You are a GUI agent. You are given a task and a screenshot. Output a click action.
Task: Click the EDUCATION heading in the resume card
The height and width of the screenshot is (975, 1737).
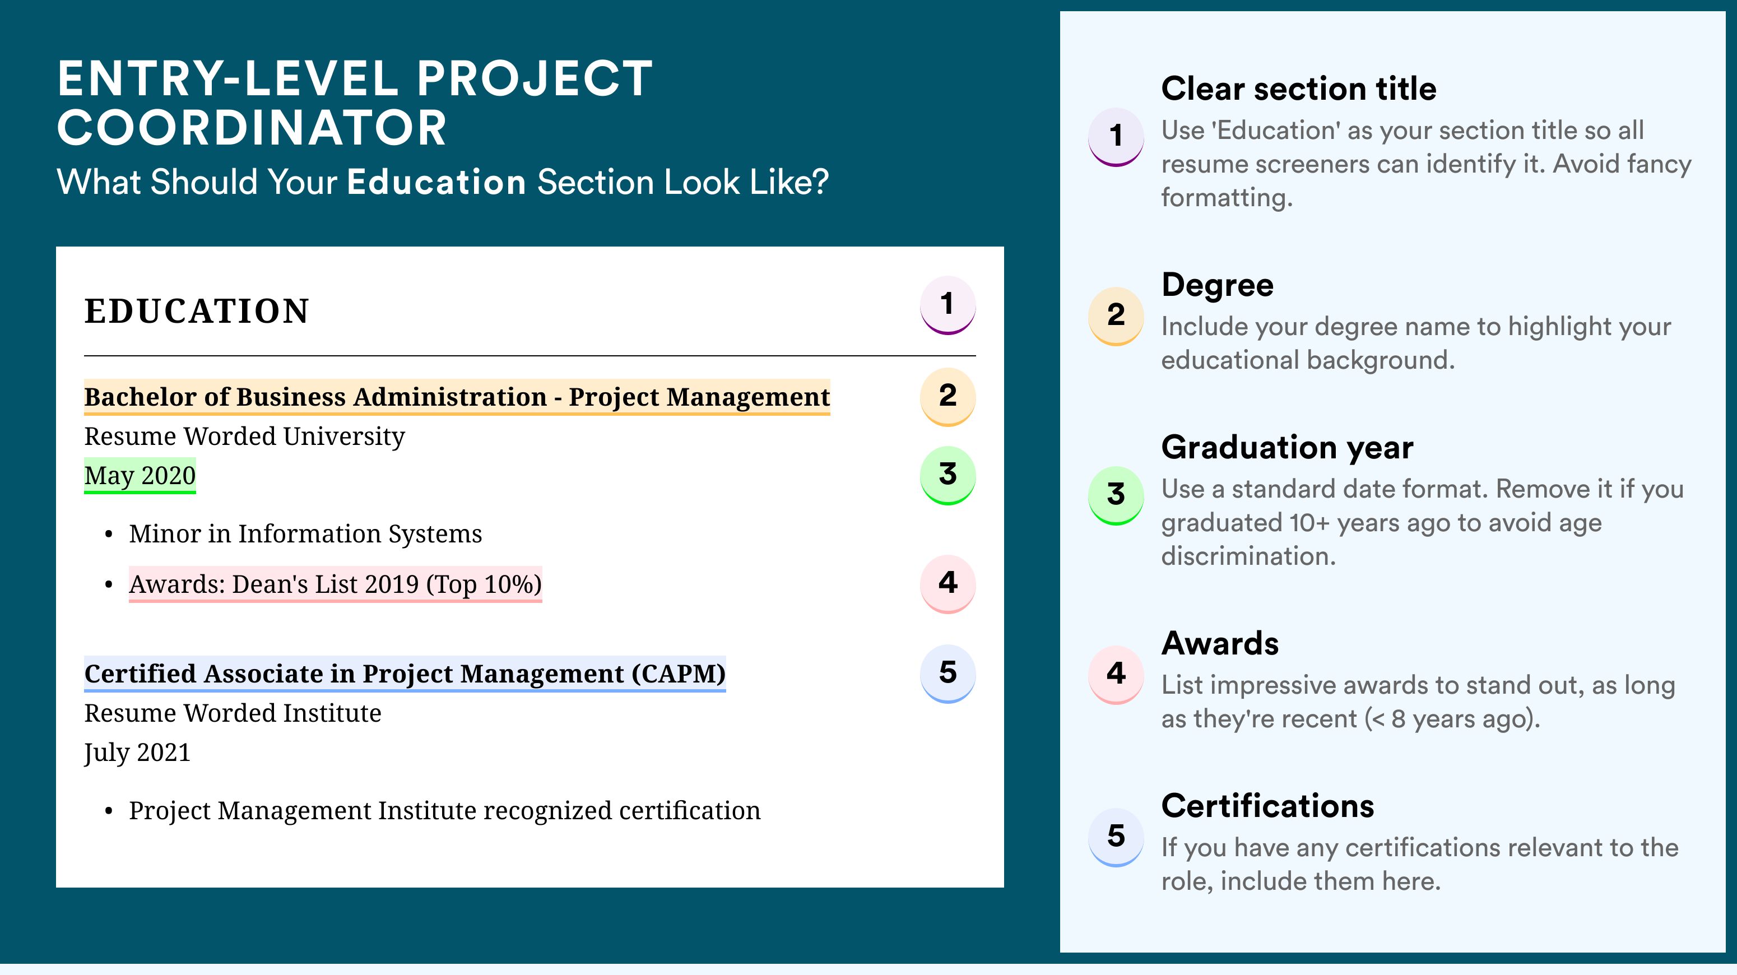[196, 311]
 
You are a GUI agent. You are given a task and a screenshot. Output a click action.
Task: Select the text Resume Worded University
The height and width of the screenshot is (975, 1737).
[244, 437]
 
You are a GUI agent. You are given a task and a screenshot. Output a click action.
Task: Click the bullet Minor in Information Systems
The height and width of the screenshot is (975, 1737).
[305, 533]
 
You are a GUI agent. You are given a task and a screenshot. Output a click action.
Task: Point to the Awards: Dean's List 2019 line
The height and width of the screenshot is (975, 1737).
[335, 584]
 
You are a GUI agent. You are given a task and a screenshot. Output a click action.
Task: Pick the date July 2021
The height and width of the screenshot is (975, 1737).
[137, 753]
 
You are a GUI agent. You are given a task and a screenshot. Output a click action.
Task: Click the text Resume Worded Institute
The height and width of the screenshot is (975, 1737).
[233, 713]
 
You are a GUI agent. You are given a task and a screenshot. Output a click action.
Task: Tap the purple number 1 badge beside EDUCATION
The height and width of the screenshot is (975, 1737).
[948, 305]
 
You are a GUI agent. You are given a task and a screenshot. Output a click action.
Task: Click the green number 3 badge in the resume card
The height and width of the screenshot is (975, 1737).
[948, 475]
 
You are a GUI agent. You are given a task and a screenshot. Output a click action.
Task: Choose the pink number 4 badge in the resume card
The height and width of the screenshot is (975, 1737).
[948, 583]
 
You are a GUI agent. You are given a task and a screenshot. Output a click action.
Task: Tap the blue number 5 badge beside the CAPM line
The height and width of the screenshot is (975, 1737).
[948, 674]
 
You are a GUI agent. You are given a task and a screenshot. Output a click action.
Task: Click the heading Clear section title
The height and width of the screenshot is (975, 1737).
[1299, 89]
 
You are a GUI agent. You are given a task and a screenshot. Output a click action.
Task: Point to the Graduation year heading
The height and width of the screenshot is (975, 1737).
[1287, 447]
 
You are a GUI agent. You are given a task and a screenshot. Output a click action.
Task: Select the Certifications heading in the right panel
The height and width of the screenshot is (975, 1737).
[1267, 805]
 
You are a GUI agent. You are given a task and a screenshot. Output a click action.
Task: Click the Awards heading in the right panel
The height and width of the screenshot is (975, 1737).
[1220, 643]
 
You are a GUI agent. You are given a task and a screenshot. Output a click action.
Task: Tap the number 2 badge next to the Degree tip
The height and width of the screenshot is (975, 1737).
[1116, 315]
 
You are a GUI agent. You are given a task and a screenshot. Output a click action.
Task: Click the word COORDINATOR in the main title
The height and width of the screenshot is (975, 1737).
[252, 128]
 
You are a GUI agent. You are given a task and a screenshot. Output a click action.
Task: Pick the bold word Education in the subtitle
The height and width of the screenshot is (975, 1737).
[436, 182]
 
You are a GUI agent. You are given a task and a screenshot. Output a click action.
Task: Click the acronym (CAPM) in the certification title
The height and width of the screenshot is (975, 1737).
[679, 674]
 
